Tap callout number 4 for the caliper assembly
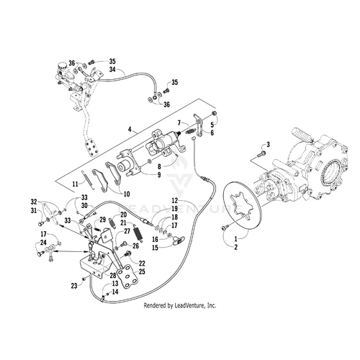click(x=129, y=129)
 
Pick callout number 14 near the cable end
click(x=115, y=292)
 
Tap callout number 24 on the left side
click(x=43, y=242)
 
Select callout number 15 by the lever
click(x=154, y=247)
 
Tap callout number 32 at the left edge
click(x=34, y=201)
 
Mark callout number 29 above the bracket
click(x=103, y=219)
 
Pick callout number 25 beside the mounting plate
click(x=143, y=272)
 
